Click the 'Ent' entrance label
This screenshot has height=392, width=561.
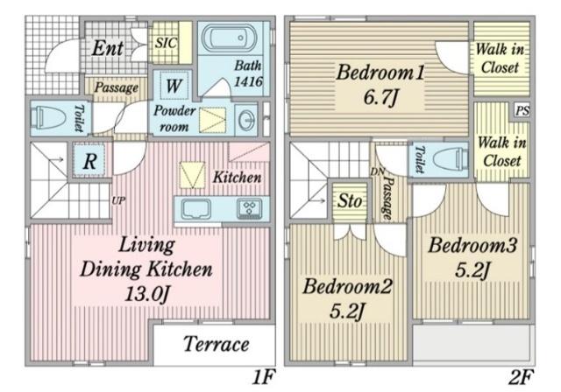point(108,47)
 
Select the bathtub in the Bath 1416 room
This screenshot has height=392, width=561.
point(229,41)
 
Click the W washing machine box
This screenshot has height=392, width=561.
point(174,86)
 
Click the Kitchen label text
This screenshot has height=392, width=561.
point(238,177)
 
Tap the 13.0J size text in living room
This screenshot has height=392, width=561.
point(146,293)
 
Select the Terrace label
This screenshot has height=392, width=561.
point(216,344)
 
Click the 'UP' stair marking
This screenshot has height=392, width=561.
point(118,200)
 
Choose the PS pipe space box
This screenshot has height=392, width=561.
point(522,111)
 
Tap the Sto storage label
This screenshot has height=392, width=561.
point(348,200)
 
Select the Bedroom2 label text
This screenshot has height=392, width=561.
point(347,286)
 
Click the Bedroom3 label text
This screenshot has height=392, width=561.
point(473,245)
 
